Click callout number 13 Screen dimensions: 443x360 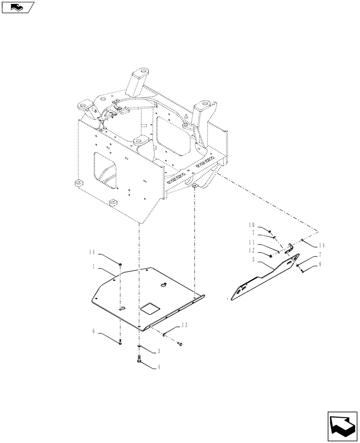pos(184,325)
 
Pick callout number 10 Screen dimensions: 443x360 pos(251,225)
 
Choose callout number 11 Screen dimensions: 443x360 pos(251,242)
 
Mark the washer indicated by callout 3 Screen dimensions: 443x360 pos(140,346)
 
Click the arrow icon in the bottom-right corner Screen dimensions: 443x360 pos(341,427)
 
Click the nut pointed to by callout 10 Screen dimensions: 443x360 pos(270,231)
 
